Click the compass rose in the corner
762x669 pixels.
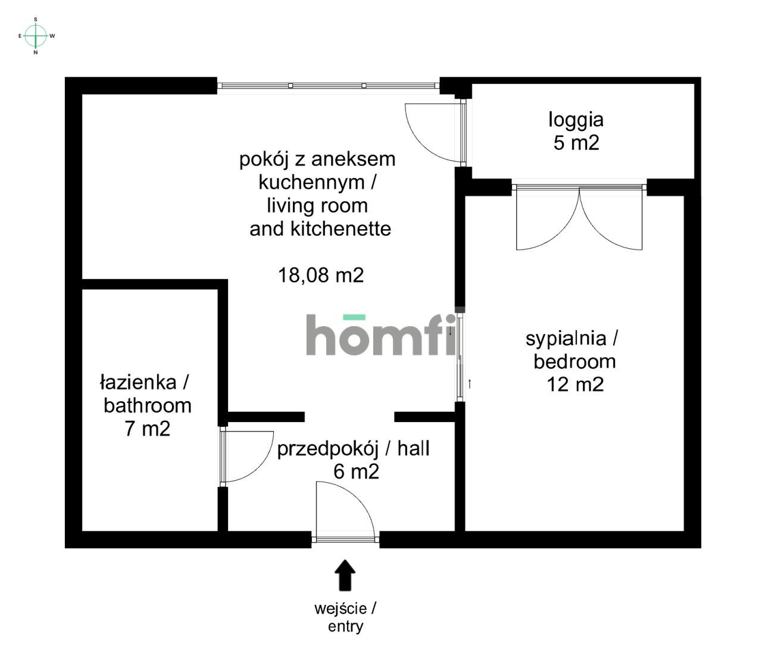click(36, 36)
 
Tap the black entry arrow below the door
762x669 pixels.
click(345, 575)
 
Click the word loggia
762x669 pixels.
click(576, 120)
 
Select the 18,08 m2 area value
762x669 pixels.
click(321, 275)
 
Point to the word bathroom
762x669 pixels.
click(148, 406)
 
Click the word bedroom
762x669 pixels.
click(574, 361)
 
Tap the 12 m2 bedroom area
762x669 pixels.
click(575, 384)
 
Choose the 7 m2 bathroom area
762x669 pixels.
click(148, 429)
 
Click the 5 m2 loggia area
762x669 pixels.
click(576, 143)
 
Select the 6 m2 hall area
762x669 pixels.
click(356, 471)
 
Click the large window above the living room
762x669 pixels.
click(328, 86)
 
